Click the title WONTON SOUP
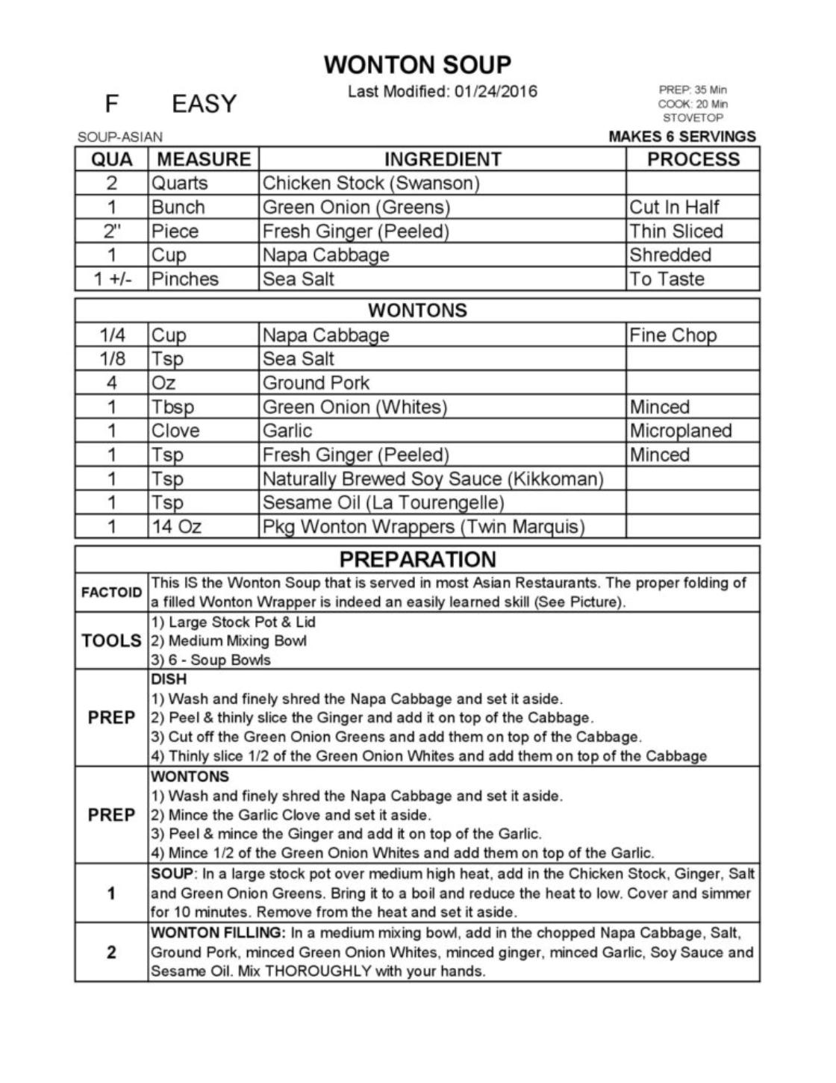[417, 65]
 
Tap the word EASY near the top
[204, 104]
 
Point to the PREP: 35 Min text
[693, 90]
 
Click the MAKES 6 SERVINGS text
[681, 137]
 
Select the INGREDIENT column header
[442, 159]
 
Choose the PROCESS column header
[693, 159]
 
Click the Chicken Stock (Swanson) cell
[371, 183]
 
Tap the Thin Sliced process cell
[676, 231]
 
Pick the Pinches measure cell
[185, 278]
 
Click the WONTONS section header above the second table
[417, 310]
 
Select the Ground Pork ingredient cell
[316, 383]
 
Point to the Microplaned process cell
[681, 431]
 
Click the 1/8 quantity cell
[112, 359]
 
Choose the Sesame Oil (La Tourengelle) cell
[383, 502]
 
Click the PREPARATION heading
[417, 559]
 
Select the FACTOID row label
[111, 593]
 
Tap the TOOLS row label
[111, 640]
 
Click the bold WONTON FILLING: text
[218, 932]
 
